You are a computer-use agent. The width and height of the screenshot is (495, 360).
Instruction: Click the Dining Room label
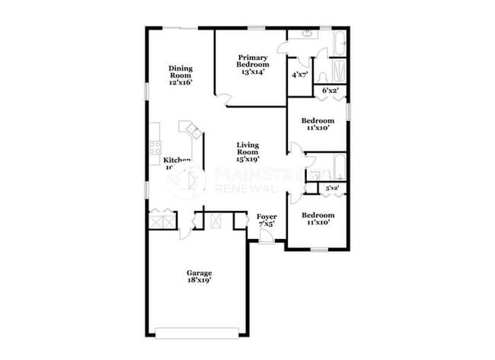[180, 72]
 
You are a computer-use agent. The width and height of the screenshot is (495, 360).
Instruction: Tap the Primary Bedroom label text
[251, 61]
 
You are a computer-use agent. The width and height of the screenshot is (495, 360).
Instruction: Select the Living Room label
[247, 148]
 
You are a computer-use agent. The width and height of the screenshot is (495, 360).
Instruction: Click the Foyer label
[266, 217]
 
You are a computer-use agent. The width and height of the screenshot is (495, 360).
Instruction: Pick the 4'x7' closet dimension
[299, 75]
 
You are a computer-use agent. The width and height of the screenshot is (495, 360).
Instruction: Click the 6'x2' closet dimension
[331, 91]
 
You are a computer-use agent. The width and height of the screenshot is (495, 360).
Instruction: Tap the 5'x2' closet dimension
[332, 187]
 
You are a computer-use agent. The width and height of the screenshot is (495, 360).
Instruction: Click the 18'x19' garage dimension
[200, 281]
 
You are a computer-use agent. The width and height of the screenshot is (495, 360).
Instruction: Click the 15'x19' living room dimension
[247, 159]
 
